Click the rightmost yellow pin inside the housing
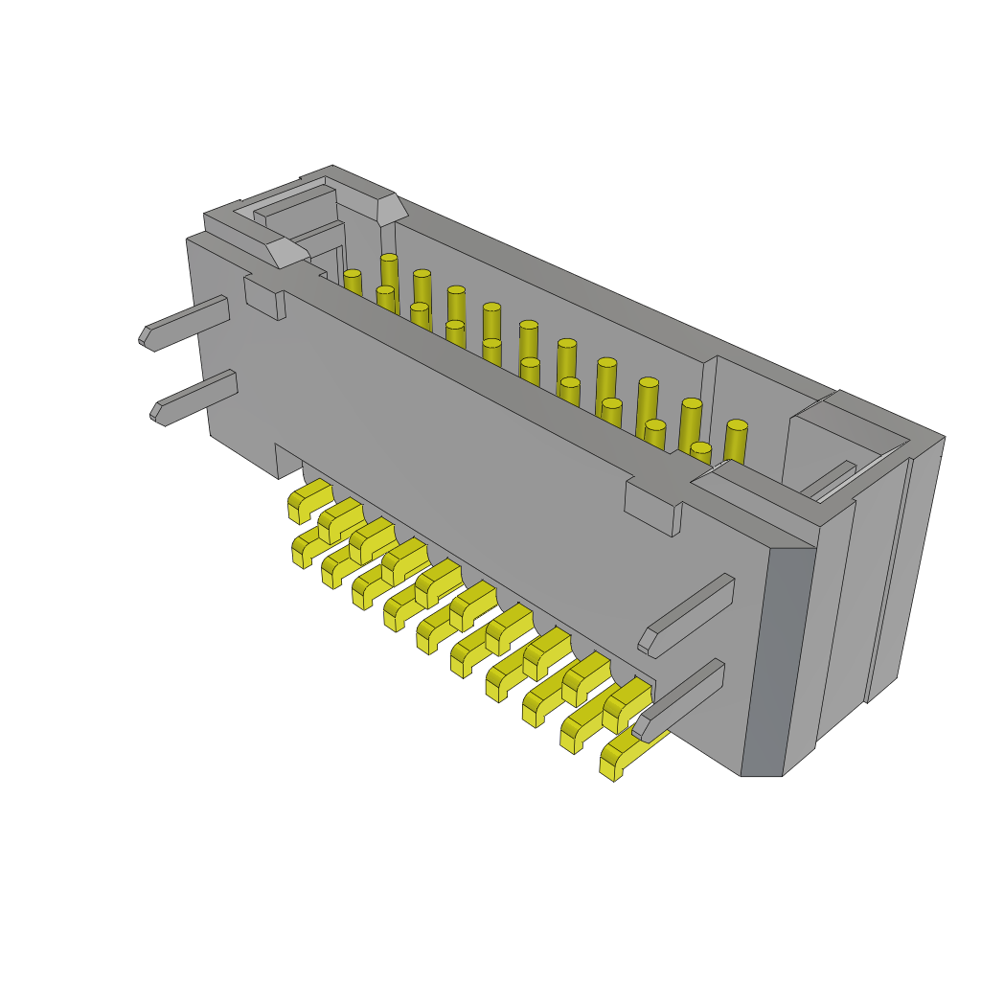click(x=735, y=442)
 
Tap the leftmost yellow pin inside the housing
click(x=353, y=283)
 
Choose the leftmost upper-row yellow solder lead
click(x=308, y=498)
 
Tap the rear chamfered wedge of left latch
click(x=391, y=209)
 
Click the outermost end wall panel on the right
click(x=905, y=565)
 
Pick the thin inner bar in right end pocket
click(x=829, y=480)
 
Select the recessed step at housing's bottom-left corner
click(x=288, y=461)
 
